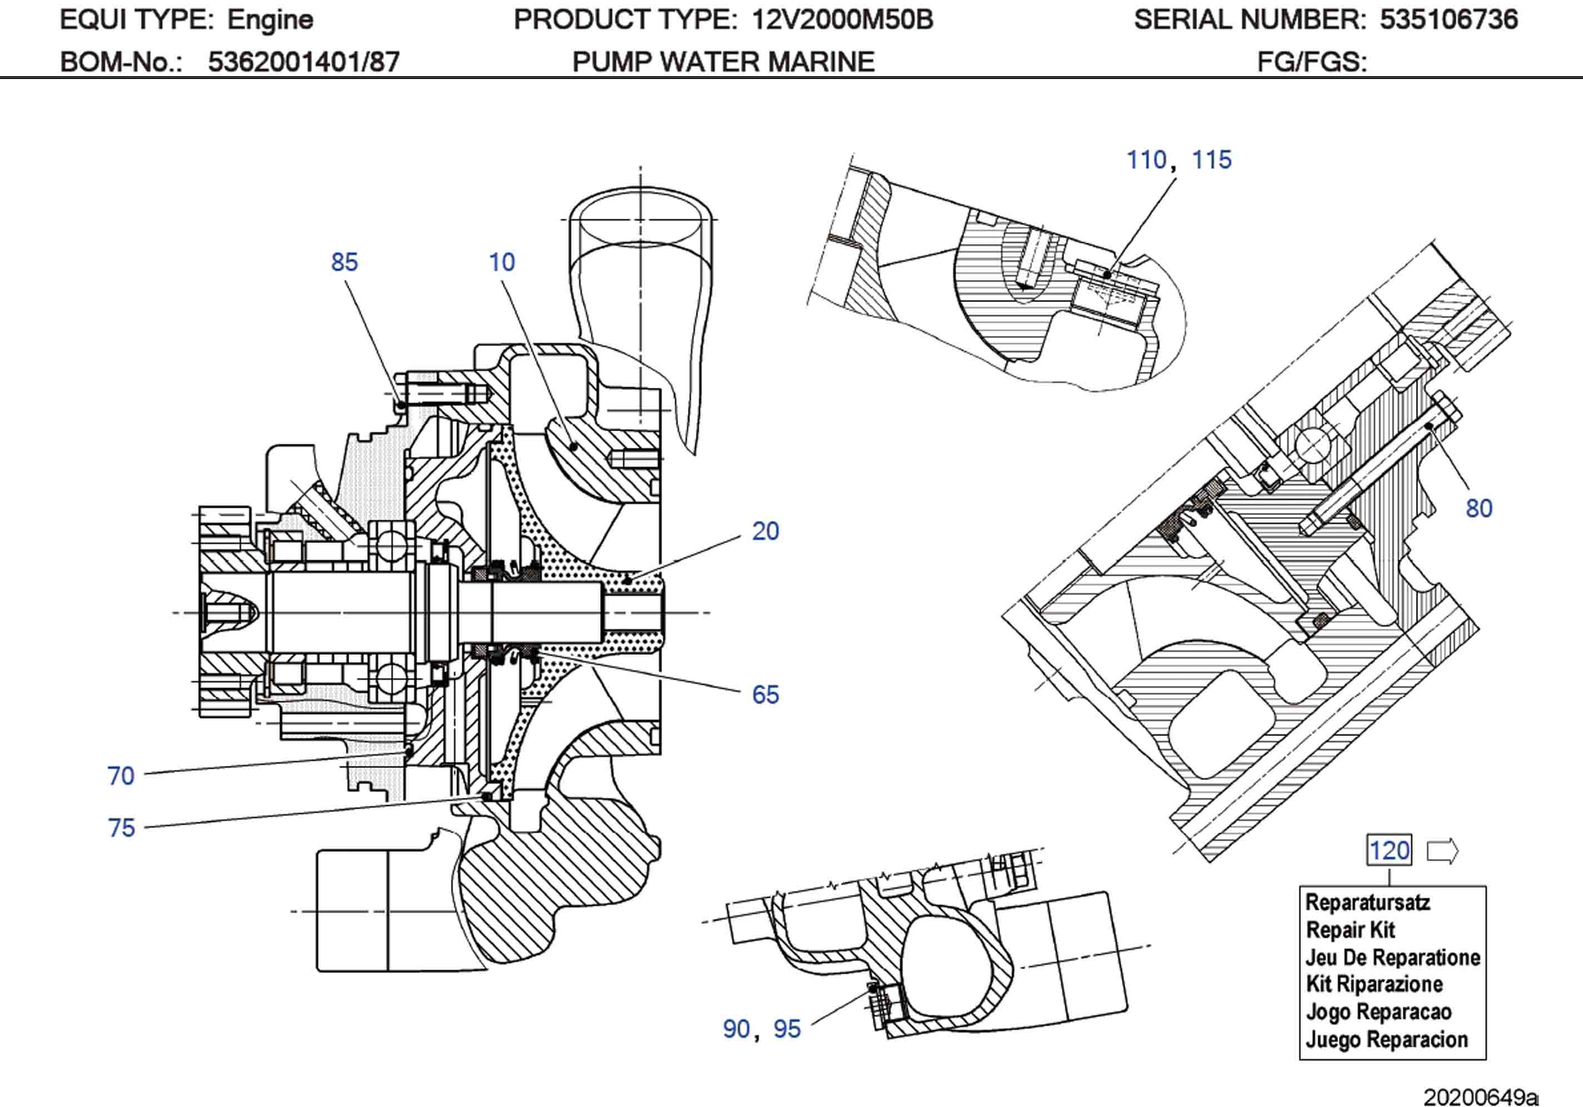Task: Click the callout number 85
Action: [x=344, y=262]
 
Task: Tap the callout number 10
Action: [x=501, y=262]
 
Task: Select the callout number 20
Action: [x=765, y=531]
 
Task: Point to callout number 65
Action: [x=765, y=695]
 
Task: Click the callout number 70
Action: [x=121, y=776]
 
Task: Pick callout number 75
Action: [x=121, y=828]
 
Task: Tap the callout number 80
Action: [x=1478, y=508]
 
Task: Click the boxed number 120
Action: [x=1388, y=851]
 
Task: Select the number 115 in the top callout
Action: [x=1211, y=160]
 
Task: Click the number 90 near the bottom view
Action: [x=736, y=1029]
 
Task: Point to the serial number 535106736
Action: [x=1448, y=19]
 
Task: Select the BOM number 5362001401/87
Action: [x=303, y=62]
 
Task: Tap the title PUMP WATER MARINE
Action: [x=723, y=62]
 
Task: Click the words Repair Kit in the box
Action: [x=1350, y=930]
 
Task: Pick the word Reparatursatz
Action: [x=1367, y=902]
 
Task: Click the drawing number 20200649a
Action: [x=1480, y=1096]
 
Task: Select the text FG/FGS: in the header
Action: [x=1312, y=62]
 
